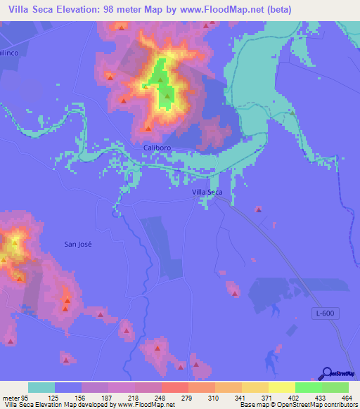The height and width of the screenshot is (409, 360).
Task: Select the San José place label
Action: (x=78, y=244)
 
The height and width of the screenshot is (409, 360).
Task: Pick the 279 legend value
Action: (x=187, y=398)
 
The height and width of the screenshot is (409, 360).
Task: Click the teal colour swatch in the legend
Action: (x=41, y=387)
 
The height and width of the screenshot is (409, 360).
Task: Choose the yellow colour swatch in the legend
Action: (x=281, y=387)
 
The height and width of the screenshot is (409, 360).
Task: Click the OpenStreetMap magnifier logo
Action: (x=327, y=373)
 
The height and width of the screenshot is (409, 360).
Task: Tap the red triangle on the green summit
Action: (x=168, y=96)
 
